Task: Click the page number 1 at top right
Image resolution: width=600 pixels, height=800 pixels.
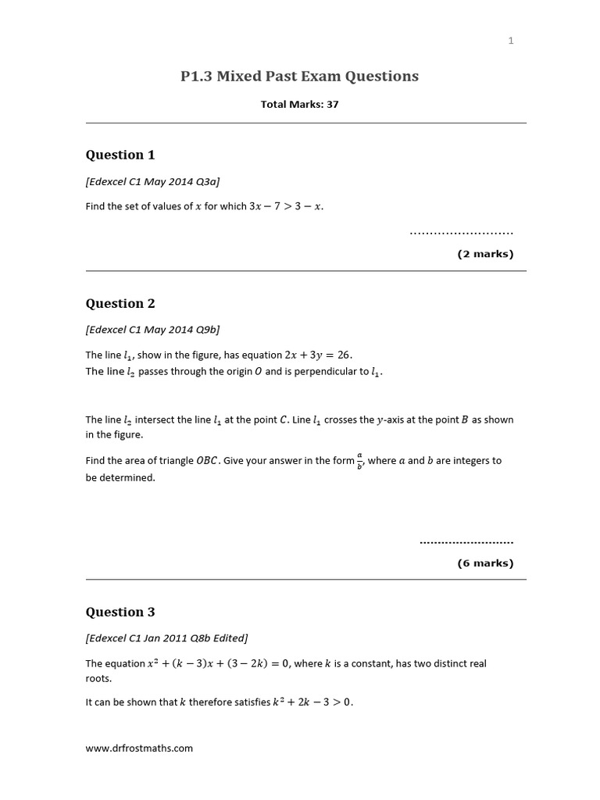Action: point(511,41)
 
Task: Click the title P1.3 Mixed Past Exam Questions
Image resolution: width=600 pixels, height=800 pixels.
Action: point(300,76)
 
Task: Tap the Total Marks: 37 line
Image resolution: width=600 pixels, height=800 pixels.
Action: point(300,104)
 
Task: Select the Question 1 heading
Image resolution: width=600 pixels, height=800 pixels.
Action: point(115,155)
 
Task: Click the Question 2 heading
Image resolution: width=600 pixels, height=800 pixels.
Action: point(115,303)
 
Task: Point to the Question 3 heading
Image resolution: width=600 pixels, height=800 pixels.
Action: point(115,612)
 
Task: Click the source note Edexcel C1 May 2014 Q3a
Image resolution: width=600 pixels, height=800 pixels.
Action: point(152,181)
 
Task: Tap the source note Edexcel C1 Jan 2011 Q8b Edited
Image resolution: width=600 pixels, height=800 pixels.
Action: point(167,637)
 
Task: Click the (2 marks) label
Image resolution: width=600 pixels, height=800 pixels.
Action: point(485,254)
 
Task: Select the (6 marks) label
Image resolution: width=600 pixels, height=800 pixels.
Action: point(485,562)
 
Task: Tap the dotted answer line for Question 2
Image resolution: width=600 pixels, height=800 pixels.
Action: point(466,541)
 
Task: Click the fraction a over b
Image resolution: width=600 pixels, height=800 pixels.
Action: point(359,461)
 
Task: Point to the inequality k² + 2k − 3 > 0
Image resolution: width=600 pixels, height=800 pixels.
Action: point(312,702)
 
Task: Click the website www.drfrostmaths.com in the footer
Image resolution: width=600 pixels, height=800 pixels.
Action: point(139,748)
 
